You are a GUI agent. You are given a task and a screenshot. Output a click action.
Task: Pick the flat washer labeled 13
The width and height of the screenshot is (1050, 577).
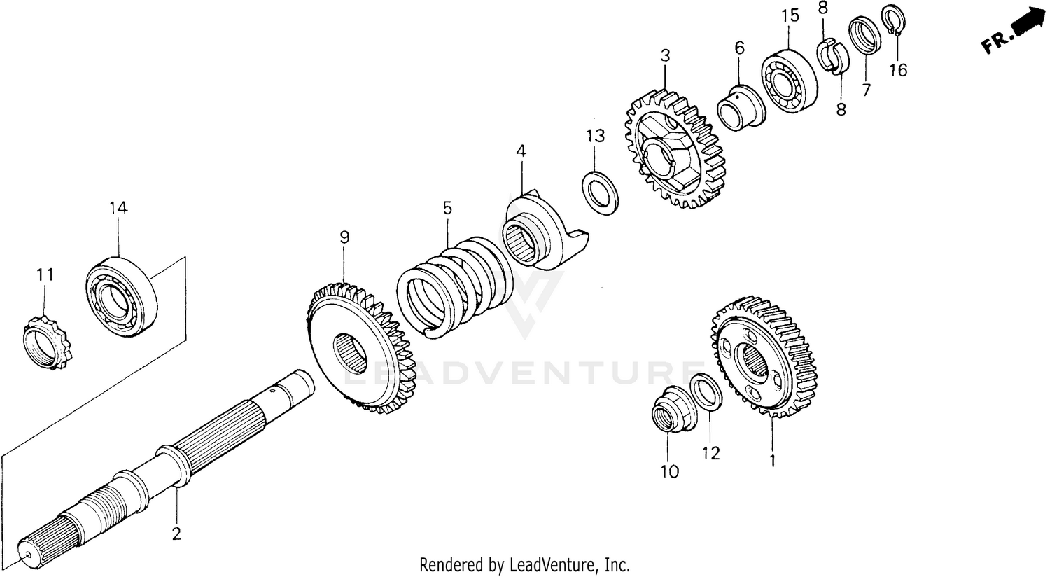click(x=600, y=191)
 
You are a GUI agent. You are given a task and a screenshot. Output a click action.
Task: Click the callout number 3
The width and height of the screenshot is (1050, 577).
click(x=665, y=55)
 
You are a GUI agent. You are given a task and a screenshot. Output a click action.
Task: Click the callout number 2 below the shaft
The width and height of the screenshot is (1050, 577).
click(x=176, y=534)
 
